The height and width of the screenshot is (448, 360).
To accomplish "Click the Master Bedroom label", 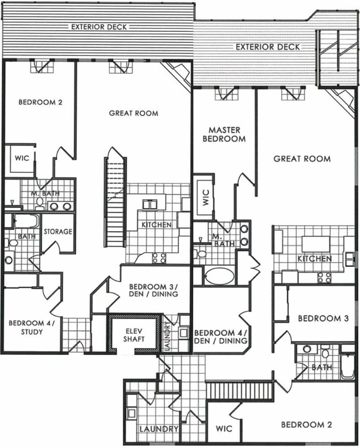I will pos(224,134).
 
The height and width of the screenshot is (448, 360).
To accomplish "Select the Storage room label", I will pos(58,232).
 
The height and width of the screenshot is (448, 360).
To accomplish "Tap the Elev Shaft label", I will pos(134,335).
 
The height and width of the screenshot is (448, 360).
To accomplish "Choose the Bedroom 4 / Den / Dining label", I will pos(220,337).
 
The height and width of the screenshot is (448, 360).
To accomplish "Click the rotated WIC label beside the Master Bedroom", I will pos(205,199).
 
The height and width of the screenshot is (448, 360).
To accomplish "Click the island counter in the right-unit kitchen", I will pos(315,244).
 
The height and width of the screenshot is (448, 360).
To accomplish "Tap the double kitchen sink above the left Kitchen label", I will pos(151,204).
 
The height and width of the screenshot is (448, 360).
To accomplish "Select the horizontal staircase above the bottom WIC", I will pos(239,391).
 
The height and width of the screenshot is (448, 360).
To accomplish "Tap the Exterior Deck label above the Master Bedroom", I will pos(268,47).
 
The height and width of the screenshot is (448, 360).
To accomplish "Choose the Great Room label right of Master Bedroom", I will pos(302,159).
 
